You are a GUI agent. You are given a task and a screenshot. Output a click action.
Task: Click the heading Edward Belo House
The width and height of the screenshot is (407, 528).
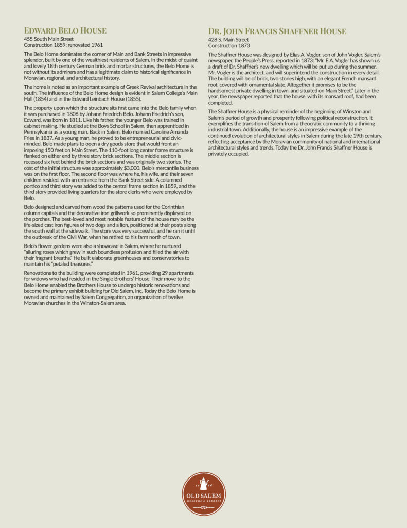click(65, 30)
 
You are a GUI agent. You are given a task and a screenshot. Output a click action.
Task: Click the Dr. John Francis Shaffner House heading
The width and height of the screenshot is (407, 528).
click(277, 31)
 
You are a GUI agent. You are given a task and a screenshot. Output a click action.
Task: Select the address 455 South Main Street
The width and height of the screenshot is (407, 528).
click(49, 39)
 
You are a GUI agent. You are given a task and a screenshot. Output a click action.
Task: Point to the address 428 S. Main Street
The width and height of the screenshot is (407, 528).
click(228, 40)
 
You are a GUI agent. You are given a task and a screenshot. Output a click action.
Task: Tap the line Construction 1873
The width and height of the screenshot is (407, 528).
click(229, 45)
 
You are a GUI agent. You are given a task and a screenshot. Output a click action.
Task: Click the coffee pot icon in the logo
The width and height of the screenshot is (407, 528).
click(203, 484)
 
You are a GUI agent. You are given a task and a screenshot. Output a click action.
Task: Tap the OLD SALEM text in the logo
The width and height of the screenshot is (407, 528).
click(204, 496)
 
